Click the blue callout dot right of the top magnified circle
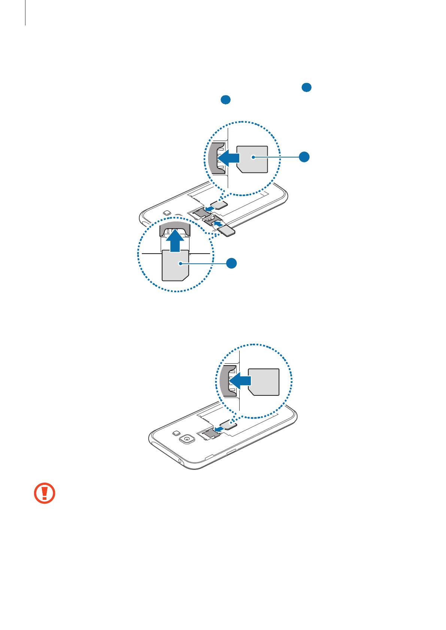(304, 157)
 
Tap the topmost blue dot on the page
(306, 88)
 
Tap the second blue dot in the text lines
(225, 100)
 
